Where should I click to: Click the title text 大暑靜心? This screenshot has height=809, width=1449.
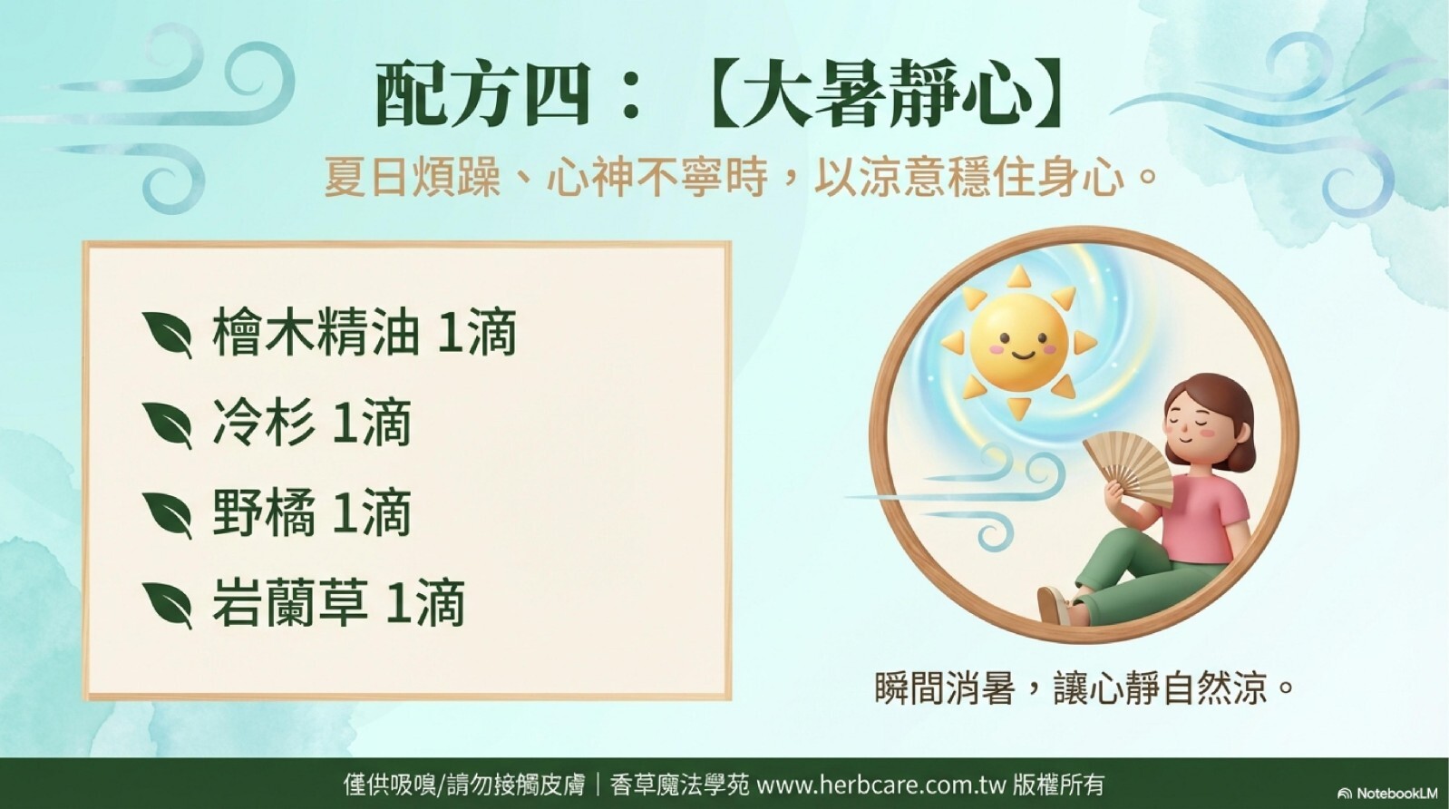[886, 96]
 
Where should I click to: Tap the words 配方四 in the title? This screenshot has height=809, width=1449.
[481, 96]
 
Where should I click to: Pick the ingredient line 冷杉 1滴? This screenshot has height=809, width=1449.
[312, 423]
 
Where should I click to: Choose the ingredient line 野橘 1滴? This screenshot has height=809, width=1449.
[312, 513]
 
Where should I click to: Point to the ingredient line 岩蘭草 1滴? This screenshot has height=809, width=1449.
[338, 603]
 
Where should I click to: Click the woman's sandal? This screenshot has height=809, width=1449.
[1055, 606]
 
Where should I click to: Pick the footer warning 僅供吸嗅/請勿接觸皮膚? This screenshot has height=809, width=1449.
[464, 786]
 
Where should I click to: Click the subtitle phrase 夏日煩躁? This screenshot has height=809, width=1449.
[412, 176]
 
